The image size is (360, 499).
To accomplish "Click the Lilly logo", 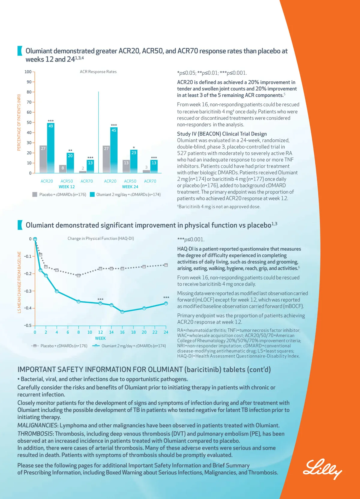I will click(322, 469).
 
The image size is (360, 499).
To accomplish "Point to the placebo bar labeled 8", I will click(63, 169).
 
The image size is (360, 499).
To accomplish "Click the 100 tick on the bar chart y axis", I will click(28, 72).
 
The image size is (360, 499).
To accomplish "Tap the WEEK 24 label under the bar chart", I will click(130, 187).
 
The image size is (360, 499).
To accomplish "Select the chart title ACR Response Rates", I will click(98, 72).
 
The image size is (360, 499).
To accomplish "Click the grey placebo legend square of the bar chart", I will click(35, 194).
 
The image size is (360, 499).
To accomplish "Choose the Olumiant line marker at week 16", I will click(122, 312).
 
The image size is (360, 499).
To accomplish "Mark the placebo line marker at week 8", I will click(79, 275).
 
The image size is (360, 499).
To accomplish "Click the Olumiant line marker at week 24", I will click(166, 303).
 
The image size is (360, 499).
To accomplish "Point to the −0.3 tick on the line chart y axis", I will click(28, 291).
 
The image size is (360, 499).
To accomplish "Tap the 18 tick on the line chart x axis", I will click(133, 332).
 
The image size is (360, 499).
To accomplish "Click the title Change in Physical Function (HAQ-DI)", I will click(100, 238).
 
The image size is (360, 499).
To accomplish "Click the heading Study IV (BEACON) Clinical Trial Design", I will click(222, 134).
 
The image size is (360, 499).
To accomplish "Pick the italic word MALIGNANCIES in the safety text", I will click(37, 425).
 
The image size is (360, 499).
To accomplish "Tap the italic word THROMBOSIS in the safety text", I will click(35, 434).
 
